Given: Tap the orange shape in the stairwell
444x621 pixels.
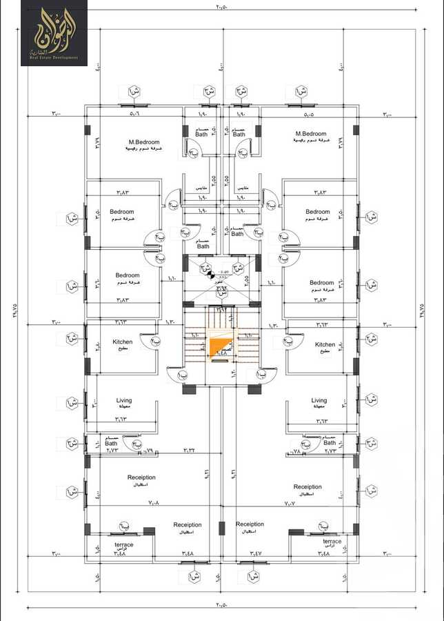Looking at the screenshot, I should point(220,348).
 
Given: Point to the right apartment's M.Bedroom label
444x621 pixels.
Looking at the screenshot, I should point(311,133).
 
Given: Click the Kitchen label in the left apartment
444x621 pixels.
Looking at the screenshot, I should point(123,342).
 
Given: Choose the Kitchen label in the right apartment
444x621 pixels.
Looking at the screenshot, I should point(325,344).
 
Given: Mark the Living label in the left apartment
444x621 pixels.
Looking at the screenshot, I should point(124,400).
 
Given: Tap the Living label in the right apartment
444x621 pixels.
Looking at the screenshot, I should point(319,400).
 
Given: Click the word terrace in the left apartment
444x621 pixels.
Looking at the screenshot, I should point(124,544).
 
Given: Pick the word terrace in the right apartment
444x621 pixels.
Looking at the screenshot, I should point(332,542).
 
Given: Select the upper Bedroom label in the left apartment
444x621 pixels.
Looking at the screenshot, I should point(121,212).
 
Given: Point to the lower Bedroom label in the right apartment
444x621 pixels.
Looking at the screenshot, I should point(321,282).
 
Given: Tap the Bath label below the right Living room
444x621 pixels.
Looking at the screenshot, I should point(329,443).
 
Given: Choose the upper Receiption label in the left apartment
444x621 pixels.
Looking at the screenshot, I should point(141,477).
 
